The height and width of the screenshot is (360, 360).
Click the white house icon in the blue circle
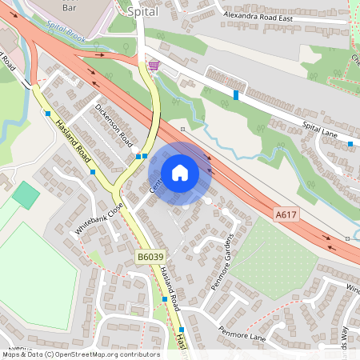[180, 173]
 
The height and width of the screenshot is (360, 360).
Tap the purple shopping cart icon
[153, 66]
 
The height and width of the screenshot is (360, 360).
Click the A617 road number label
[286, 214]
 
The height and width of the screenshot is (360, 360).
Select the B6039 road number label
[149, 257]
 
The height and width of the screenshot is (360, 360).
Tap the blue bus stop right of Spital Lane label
[350, 144]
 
